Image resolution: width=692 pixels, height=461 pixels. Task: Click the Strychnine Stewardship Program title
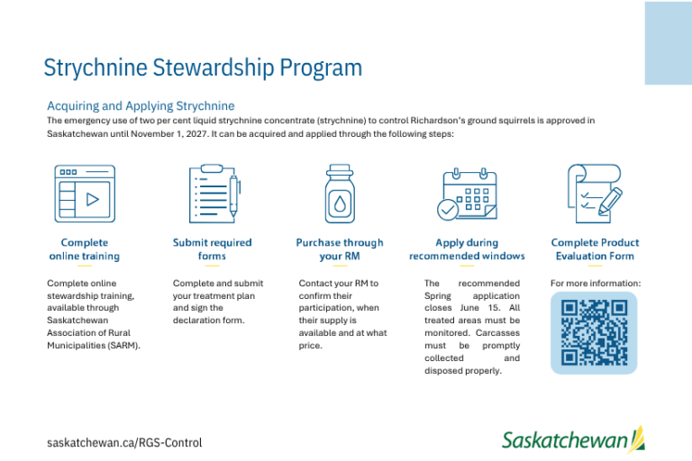coord(203,68)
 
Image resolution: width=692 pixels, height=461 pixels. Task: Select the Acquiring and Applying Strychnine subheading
coord(141,106)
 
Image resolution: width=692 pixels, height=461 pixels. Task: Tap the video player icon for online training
coord(85,194)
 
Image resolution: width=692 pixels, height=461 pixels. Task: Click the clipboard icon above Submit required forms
coord(214,194)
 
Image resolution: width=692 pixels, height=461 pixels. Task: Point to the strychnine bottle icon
coord(340,194)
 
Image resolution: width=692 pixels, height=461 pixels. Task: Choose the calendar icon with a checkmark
coord(467,194)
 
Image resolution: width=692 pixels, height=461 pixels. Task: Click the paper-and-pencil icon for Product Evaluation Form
coord(595,194)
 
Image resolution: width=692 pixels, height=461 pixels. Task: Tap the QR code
coord(594,332)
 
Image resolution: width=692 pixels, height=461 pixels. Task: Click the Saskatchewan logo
coord(573,439)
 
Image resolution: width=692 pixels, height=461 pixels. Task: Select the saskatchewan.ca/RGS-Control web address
coord(124,442)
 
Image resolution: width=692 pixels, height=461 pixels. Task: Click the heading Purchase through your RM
coord(340,249)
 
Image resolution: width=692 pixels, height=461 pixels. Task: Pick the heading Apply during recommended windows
coord(467,249)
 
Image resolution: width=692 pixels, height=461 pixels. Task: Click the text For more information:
coord(596,284)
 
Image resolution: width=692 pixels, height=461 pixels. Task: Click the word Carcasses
coord(497,333)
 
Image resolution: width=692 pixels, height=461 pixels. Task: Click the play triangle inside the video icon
coord(92,199)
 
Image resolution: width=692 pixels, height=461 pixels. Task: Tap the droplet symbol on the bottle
coord(340,203)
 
